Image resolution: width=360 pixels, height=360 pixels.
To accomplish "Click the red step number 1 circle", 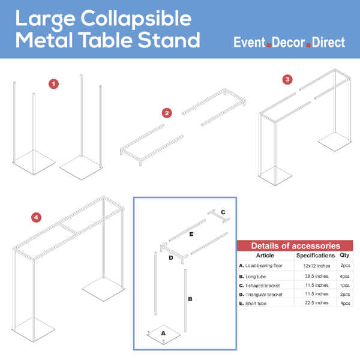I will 54,84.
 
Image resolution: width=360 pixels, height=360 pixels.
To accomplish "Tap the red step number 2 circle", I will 167,113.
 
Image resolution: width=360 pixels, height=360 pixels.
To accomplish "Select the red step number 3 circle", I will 287,79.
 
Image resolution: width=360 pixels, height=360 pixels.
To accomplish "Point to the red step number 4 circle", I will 36,217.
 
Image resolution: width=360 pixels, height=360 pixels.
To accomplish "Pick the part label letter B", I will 190,298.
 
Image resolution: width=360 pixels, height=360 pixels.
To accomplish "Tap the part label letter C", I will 223,212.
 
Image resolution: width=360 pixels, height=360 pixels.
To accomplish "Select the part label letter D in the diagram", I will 170,258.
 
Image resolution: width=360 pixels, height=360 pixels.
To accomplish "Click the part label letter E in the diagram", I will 191,234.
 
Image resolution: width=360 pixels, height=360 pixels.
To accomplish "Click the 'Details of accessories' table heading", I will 295,246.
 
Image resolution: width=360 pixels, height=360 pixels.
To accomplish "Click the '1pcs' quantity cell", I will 344,285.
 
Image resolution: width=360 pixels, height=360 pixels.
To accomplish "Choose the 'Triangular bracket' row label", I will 261,295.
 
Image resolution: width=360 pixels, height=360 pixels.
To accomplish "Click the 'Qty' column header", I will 344,255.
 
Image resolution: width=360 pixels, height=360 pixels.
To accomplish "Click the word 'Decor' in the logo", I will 289,43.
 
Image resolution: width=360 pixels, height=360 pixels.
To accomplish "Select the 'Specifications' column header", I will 316,255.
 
